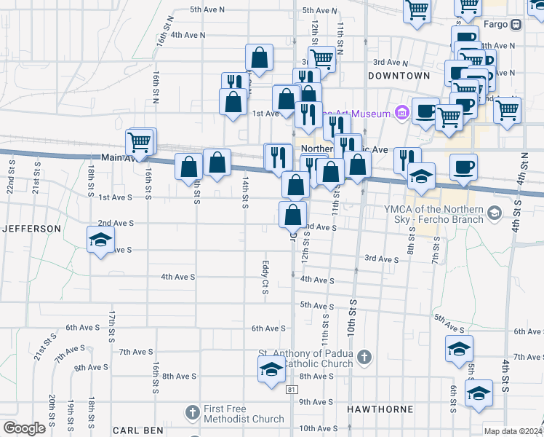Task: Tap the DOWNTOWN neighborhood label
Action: (399, 76)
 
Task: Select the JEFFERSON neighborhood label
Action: (32, 229)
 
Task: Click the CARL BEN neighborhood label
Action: (139, 430)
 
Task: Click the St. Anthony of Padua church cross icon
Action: (364, 357)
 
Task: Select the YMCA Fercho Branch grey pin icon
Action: (495, 213)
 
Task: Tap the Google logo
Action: (24, 428)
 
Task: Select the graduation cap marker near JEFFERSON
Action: (100, 239)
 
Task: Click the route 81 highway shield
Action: (292, 390)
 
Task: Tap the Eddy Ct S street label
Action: (265, 278)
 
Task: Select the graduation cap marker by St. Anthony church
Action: (271, 369)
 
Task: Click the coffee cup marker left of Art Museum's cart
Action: (425, 111)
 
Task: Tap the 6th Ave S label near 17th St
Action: (81, 328)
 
